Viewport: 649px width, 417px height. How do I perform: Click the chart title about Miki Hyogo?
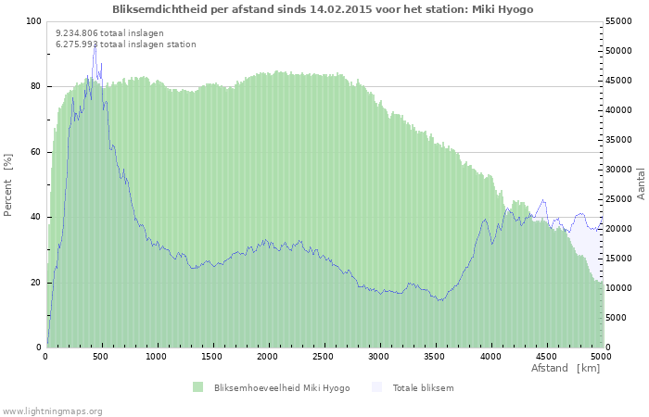323,9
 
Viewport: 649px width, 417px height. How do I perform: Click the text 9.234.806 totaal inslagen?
109,32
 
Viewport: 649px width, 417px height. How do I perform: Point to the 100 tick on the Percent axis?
34,21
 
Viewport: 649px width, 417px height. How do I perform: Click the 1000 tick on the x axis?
157,356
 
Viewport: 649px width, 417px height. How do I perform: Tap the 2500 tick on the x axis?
324,356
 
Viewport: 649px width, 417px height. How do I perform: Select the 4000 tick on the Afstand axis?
490,356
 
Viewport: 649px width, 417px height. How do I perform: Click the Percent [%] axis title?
8,184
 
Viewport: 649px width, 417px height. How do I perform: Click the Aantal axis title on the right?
641,183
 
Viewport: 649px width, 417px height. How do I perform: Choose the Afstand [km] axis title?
566,368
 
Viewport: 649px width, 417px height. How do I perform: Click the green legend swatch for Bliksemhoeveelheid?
197,387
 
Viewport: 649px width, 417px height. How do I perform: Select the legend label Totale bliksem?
423,387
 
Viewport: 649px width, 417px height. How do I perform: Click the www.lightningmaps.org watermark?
52,411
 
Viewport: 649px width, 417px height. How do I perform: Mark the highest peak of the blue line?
95,45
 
